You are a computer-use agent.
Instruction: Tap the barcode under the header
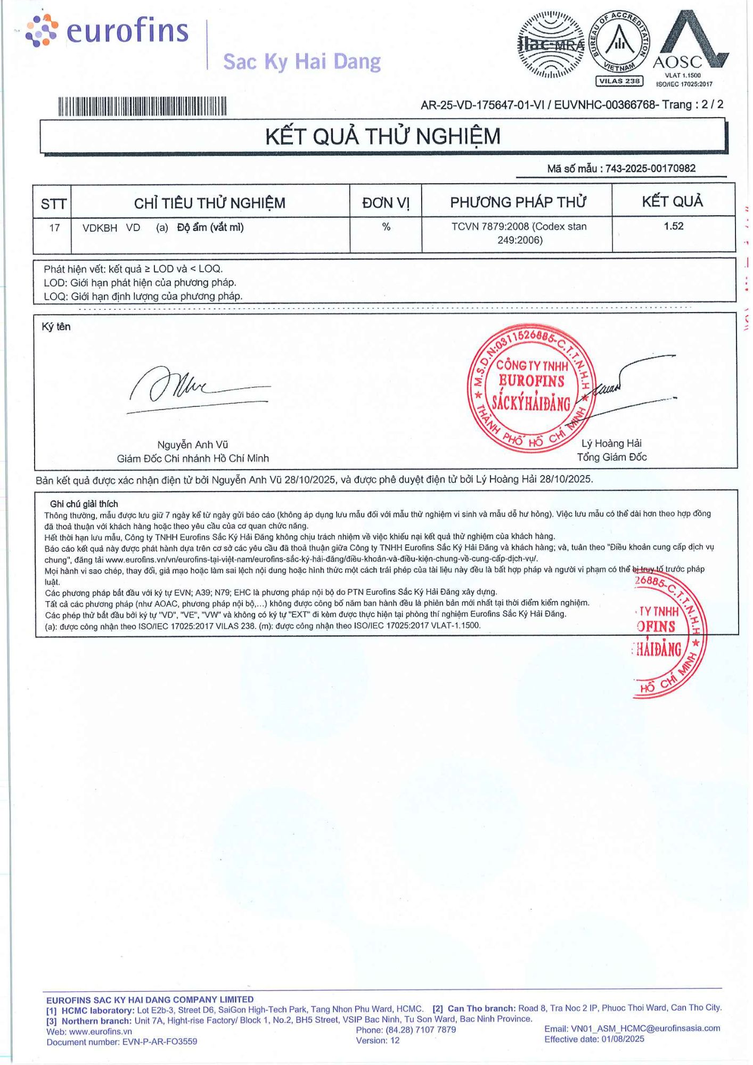click(x=142, y=106)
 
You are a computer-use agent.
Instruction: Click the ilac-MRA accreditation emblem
click(x=551, y=45)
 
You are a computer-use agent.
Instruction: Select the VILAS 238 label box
click(x=619, y=81)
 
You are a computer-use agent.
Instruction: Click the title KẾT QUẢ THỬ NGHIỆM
click(x=383, y=136)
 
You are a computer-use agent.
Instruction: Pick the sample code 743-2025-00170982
click(x=650, y=168)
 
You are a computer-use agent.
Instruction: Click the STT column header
click(x=53, y=203)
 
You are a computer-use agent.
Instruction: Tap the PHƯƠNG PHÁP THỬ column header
click(x=517, y=202)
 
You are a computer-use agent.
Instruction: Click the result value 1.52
click(x=673, y=226)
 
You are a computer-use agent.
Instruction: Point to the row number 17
click(x=54, y=228)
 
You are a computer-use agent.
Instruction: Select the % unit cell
click(x=386, y=227)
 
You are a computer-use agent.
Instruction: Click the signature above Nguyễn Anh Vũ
click(x=197, y=387)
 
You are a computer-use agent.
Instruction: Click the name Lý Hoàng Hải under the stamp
click(x=611, y=443)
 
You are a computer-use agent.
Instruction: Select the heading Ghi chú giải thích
click(x=84, y=504)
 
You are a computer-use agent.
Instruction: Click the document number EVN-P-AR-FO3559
click(x=159, y=1042)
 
